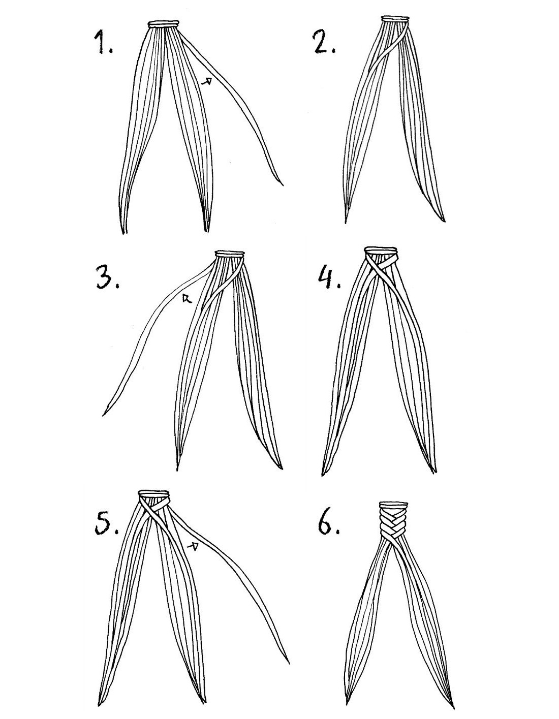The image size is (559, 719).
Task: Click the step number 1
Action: click(x=103, y=43)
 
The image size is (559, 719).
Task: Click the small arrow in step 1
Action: click(x=206, y=80)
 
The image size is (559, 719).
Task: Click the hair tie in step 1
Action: click(x=164, y=24)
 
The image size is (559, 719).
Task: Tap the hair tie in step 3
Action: click(x=230, y=254)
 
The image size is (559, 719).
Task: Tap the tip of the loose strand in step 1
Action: click(x=283, y=185)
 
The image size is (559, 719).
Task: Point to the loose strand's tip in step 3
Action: click(x=104, y=415)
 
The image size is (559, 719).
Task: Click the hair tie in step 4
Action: click(x=381, y=251)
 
